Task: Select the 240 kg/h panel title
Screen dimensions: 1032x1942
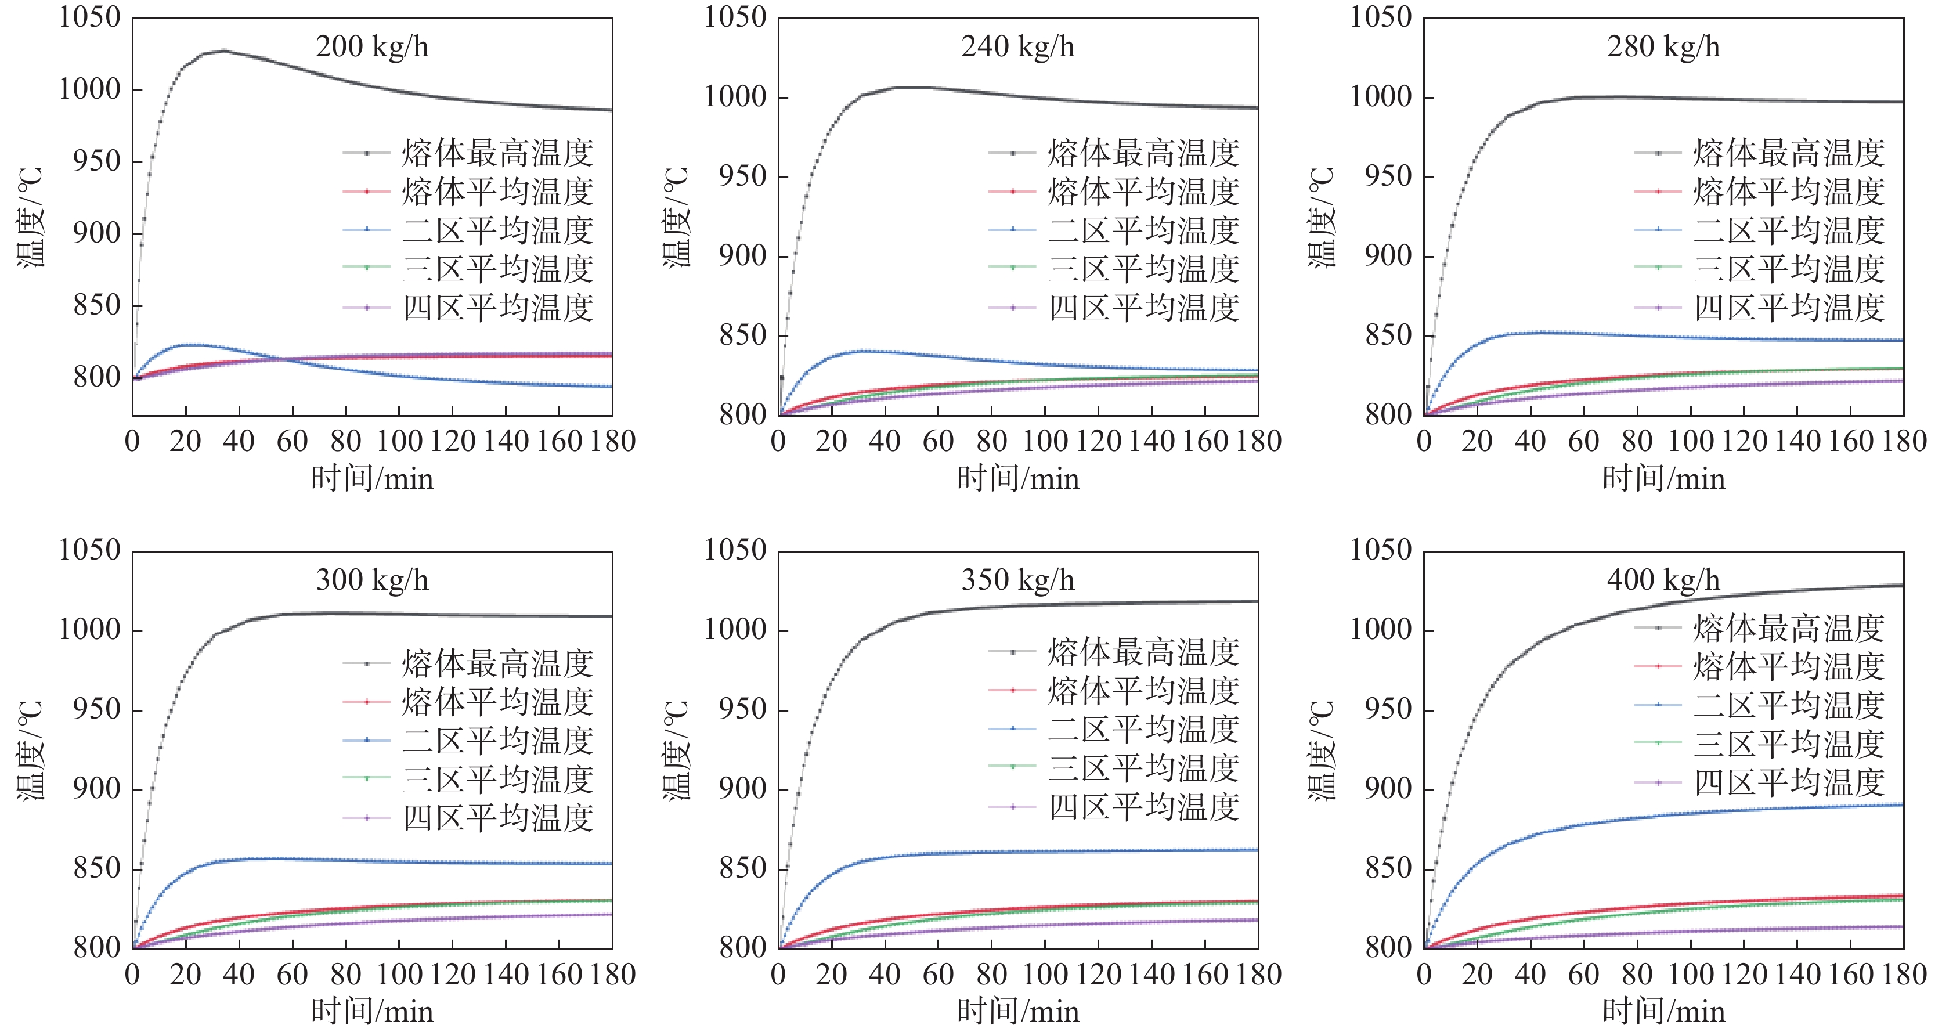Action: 1018,47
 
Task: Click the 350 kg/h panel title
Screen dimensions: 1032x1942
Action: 1018,580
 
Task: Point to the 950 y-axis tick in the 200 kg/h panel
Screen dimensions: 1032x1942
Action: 96,161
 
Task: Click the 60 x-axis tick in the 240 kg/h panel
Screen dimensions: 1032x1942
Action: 938,441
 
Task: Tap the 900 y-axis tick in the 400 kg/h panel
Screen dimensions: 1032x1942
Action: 1388,789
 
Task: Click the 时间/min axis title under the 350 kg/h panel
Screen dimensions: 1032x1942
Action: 1018,1011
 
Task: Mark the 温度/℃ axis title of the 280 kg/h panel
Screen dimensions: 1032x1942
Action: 1321,217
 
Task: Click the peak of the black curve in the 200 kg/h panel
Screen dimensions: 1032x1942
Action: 224,50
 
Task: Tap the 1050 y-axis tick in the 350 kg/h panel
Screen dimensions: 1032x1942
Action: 735,550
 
